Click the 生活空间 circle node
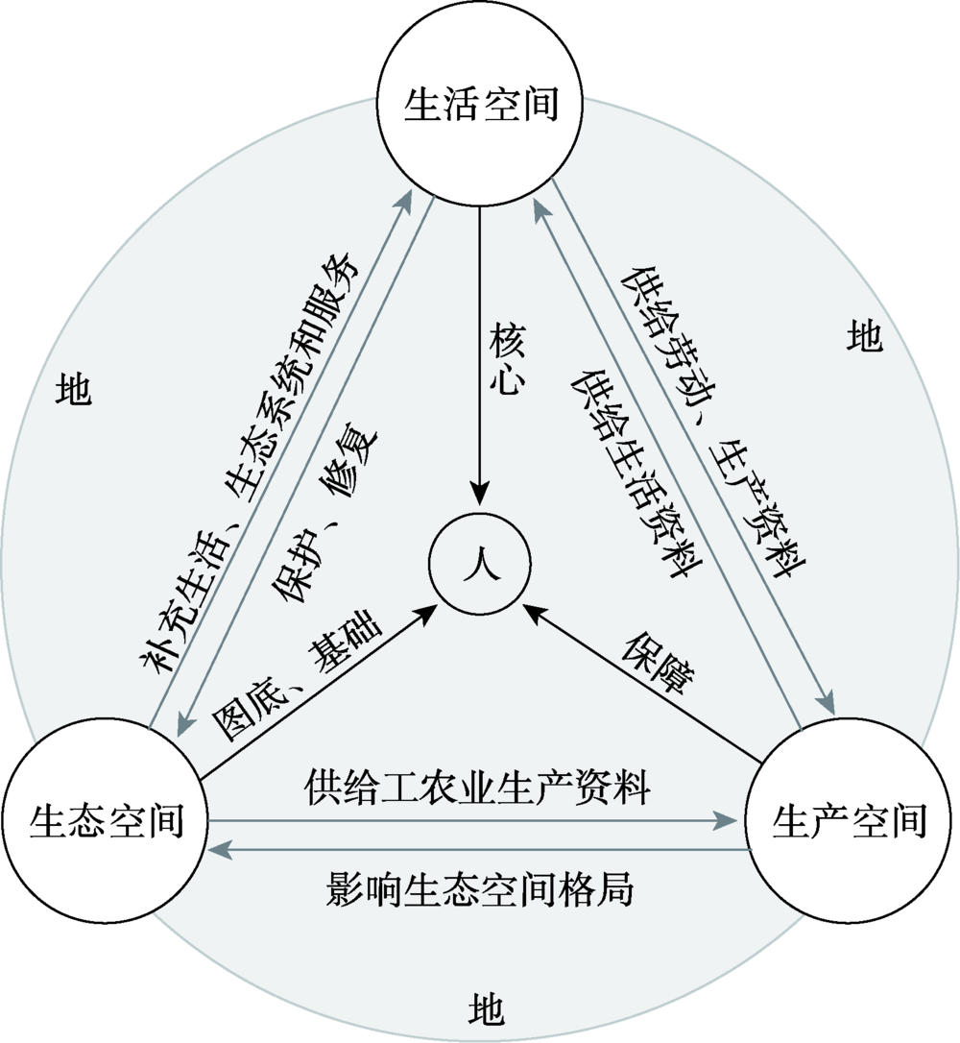(480, 104)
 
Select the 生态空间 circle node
(106, 822)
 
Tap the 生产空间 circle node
(850, 822)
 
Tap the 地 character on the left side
(74, 388)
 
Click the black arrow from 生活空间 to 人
(479, 403)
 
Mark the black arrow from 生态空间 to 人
(317, 691)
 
